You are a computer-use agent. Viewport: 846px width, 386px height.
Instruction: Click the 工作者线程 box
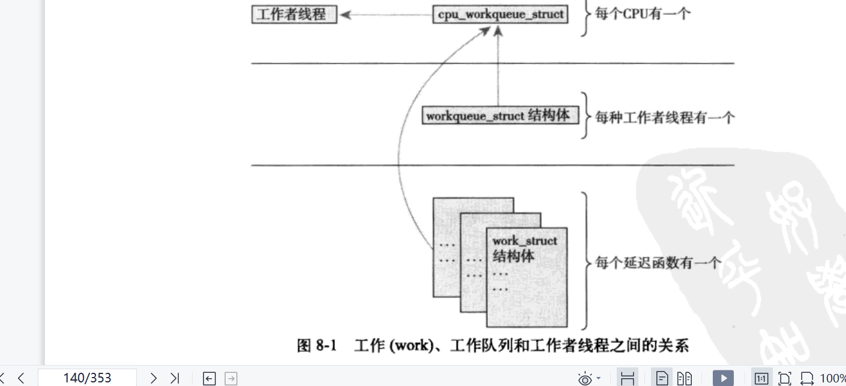[x=293, y=14]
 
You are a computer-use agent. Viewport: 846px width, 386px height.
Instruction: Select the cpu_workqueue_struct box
[x=500, y=14]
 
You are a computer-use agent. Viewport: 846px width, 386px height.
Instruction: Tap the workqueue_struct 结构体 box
[x=500, y=115]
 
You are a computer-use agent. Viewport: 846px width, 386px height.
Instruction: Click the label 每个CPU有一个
[x=643, y=13]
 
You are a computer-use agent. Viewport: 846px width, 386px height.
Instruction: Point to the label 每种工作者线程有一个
[x=664, y=117]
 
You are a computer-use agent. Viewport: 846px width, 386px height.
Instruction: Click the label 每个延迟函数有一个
[x=658, y=262]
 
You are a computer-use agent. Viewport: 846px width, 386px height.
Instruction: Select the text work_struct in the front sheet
[x=525, y=241]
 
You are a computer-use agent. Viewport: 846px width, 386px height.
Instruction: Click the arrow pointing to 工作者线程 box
[x=384, y=14]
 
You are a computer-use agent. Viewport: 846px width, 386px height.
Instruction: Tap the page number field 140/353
[x=87, y=378]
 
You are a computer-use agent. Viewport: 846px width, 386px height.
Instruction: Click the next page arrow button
[x=154, y=378]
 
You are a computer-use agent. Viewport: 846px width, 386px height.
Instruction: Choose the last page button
[x=175, y=378]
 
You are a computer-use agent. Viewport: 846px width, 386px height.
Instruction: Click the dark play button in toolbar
[x=724, y=378]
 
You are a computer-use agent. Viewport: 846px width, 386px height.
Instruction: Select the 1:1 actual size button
[x=761, y=378]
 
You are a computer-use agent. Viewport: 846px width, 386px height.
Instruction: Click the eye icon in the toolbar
[x=585, y=378]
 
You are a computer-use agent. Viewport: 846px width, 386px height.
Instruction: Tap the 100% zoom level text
[x=832, y=378]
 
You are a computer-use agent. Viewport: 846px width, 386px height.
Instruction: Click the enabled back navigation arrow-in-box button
[x=209, y=378]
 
